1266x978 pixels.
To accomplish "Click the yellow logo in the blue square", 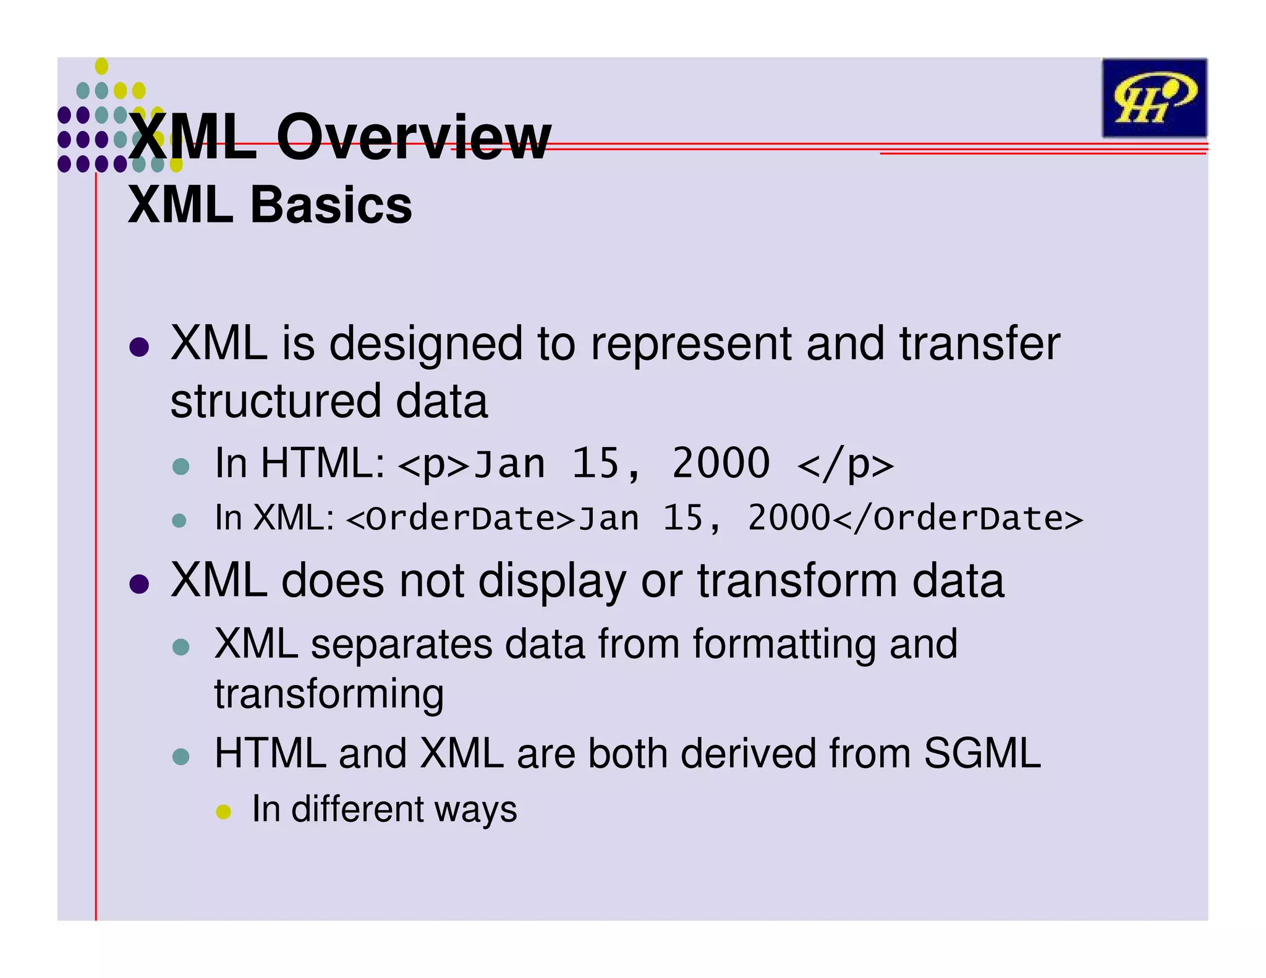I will pyautogui.click(x=1153, y=98).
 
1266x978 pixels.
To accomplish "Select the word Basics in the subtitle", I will pyautogui.click(x=331, y=205).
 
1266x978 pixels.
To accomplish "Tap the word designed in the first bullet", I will pyautogui.click(x=426, y=344).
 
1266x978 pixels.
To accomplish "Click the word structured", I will pyautogui.click(x=276, y=402).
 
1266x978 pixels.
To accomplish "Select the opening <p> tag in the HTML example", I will pyautogui.click(x=435, y=465).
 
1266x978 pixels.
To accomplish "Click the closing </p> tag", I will pyautogui.click(x=845, y=465).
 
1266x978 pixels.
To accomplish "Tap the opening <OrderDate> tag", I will pyautogui.click(x=461, y=519).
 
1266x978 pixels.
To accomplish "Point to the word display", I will pyautogui.click(x=552, y=582).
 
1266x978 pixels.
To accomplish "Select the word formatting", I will pyautogui.click(x=784, y=644).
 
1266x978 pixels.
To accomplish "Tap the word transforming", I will pyautogui.click(x=329, y=694).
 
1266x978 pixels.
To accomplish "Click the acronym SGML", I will pyautogui.click(x=982, y=754).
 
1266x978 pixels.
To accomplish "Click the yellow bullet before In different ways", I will pyautogui.click(x=223, y=811).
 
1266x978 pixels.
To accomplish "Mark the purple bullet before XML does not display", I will pyautogui.click(x=140, y=584).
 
